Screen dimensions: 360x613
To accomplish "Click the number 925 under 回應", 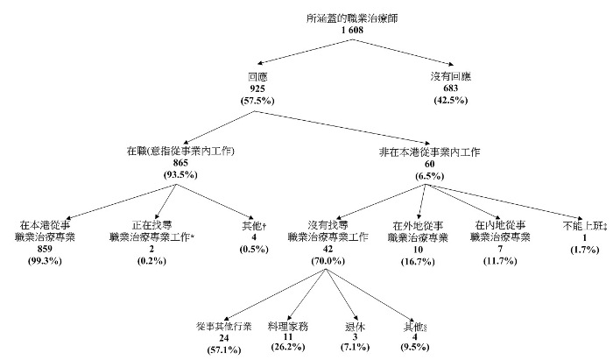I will tap(257, 89).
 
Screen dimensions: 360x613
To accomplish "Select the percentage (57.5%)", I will tap(257, 102).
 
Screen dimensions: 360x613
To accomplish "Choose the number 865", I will tap(181, 164).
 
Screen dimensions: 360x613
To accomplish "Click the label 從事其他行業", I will tap(224, 326).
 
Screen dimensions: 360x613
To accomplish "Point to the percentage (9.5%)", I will tap(409, 350).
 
